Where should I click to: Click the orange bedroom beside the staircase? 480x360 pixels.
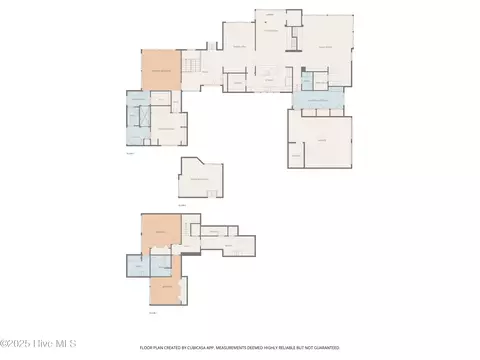[160, 71]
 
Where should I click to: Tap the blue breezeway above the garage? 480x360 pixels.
[317, 100]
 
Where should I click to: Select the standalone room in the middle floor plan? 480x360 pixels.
[201, 179]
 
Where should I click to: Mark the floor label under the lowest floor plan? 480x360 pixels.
[152, 314]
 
